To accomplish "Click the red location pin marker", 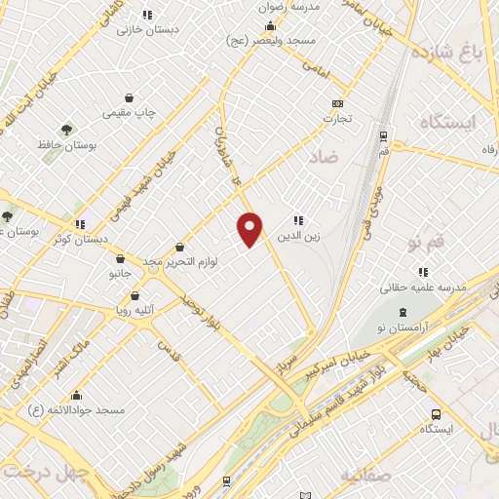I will coord(250,228).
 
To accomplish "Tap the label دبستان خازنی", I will coord(148,30).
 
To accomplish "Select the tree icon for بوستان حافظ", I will coord(66,129).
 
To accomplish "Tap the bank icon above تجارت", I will coord(338,103).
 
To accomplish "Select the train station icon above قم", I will coord(383,136).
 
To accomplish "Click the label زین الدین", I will coord(299,235).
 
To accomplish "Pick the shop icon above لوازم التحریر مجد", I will coord(179,248).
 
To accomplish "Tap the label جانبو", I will coord(119,275).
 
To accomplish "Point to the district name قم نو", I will coord(427,240).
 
